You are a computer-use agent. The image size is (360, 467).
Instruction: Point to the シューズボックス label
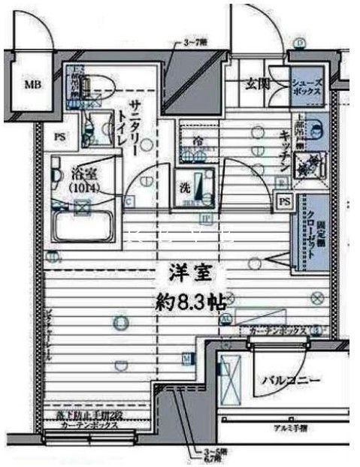tap(307, 86)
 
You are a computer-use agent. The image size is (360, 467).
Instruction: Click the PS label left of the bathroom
tap(60, 137)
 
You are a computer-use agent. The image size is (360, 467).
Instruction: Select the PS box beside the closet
tap(284, 201)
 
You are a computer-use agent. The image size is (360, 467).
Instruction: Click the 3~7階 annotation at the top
tap(195, 44)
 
